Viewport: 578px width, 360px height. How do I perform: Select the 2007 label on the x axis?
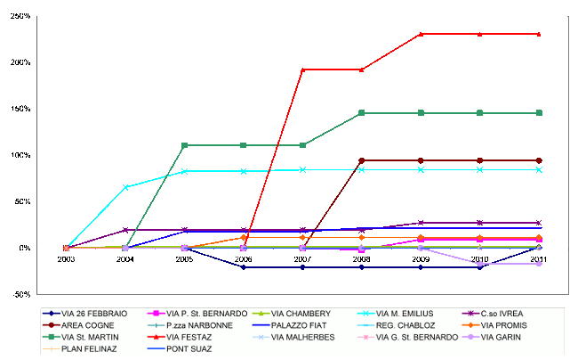[x=301, y=258]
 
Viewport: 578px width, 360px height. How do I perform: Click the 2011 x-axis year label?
[x=538, y=258]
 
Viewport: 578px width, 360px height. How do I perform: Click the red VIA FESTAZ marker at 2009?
[x=421, y=34]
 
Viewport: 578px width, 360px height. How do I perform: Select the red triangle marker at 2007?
[x=302, y=70]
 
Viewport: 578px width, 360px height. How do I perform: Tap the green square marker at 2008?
[x=361, y=113]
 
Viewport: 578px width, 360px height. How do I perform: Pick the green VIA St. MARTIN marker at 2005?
[x=184, y=145]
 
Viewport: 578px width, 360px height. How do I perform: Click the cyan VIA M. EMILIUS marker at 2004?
[x=125, y=187]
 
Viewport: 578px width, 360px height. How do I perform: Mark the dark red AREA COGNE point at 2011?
[x=538, y=160]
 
